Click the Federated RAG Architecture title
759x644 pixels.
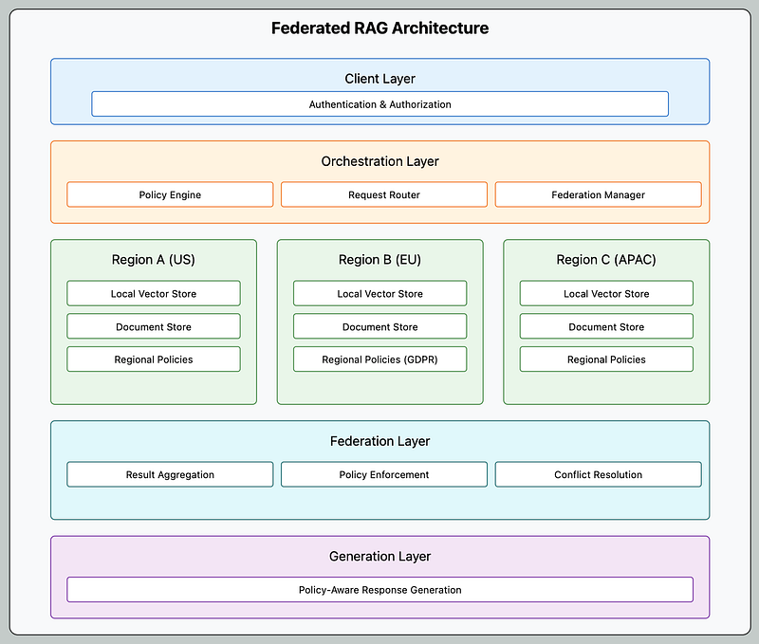[379, 28]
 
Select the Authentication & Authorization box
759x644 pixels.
[380, 104]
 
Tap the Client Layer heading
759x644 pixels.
[380, 79]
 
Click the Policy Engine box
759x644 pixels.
[170, 194]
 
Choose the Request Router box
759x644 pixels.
[384, 194]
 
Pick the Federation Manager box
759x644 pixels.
[599, 194]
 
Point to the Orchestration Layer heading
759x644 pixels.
[380, 161]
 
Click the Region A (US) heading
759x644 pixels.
[154, 260]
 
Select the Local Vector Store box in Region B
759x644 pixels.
[380, 293]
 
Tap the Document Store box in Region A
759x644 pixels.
[154, 326]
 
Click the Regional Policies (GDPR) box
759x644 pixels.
[380, 359]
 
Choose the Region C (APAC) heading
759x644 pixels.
[606, 260]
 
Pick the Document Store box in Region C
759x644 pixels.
[606, 326]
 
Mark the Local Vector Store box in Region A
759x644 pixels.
[154, 293]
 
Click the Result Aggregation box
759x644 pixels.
[170, 474]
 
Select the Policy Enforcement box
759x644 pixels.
[384, 474]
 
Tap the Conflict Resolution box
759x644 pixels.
[599, 474]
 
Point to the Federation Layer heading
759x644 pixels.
[380, 441]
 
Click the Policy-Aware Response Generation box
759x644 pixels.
[380, 589]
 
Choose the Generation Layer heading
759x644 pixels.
[380, 557]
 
